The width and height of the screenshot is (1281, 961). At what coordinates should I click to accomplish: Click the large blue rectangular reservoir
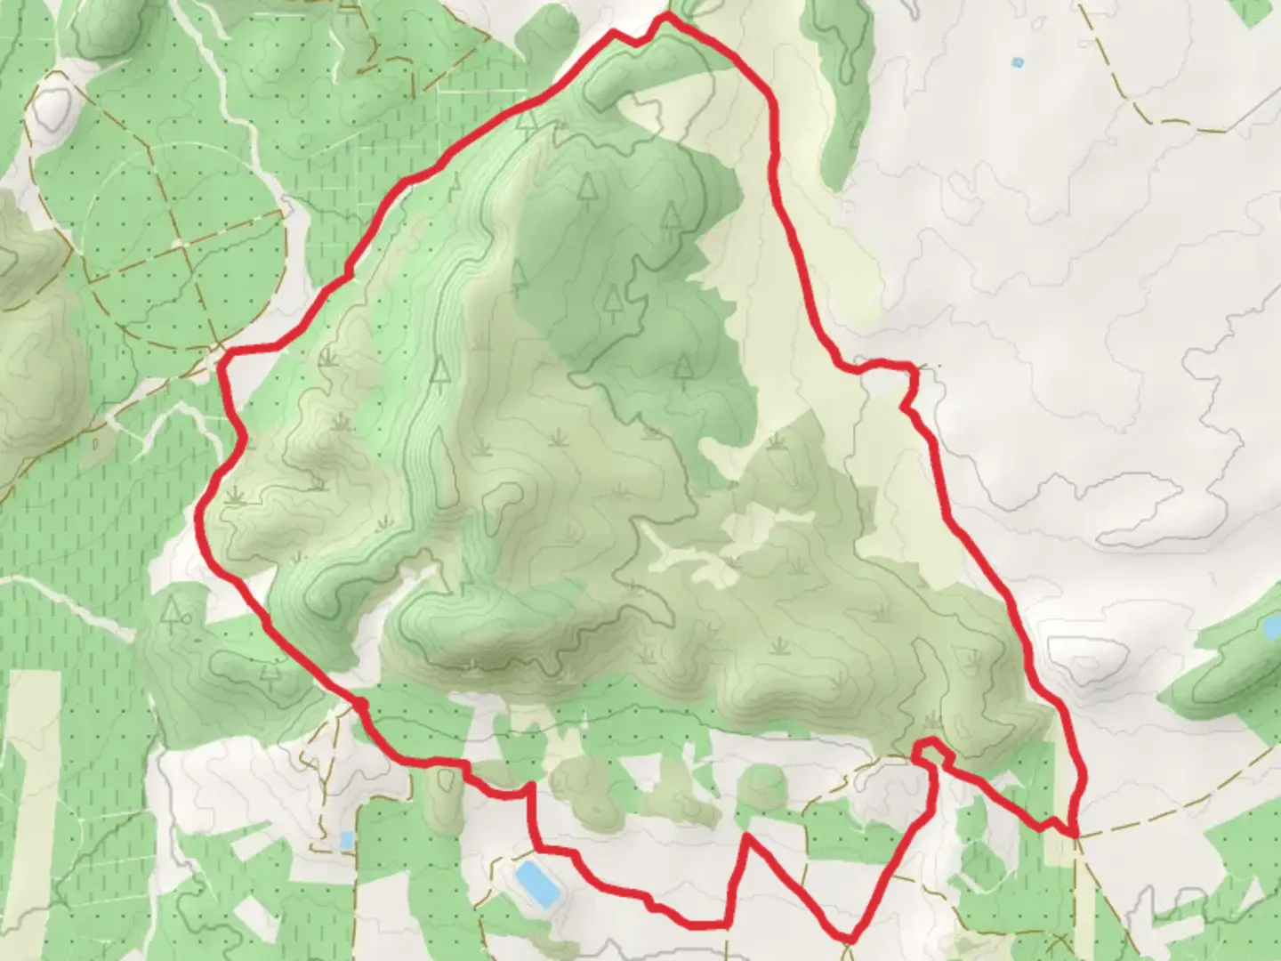[535, 882]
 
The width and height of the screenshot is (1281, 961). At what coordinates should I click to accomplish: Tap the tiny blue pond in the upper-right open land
[1018, 62]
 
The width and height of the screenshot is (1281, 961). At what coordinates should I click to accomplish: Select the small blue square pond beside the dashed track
[347, 840]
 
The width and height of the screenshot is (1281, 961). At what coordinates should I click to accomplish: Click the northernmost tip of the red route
[666, 15]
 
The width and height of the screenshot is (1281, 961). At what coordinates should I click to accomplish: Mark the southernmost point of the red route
[850, 939]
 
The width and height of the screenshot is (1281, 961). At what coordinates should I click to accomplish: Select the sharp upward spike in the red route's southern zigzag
[748, 836]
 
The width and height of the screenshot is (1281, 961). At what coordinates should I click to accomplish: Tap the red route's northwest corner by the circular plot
[224, 354]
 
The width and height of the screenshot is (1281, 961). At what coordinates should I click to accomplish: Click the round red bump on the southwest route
[360, 705]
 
